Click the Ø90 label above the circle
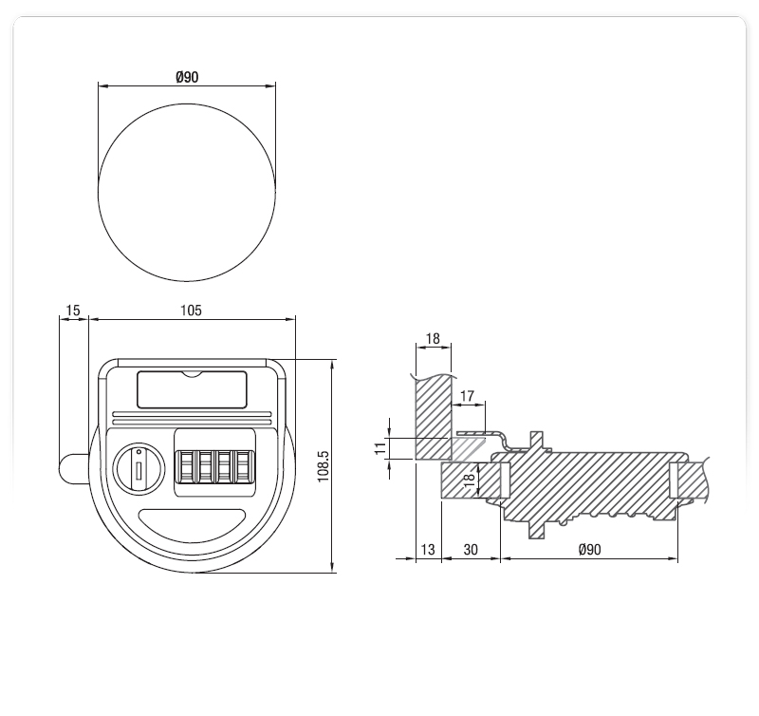(x=187, y=77)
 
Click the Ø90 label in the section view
(x=589, y=550)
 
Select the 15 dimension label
(x=73, y=311)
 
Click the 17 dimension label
(x=467, y=396)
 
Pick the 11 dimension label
(x=381, y=447)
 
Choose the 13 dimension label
(x=428, y=550)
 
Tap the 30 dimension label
(x=471, y=550)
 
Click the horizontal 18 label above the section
(x=433, y=339)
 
